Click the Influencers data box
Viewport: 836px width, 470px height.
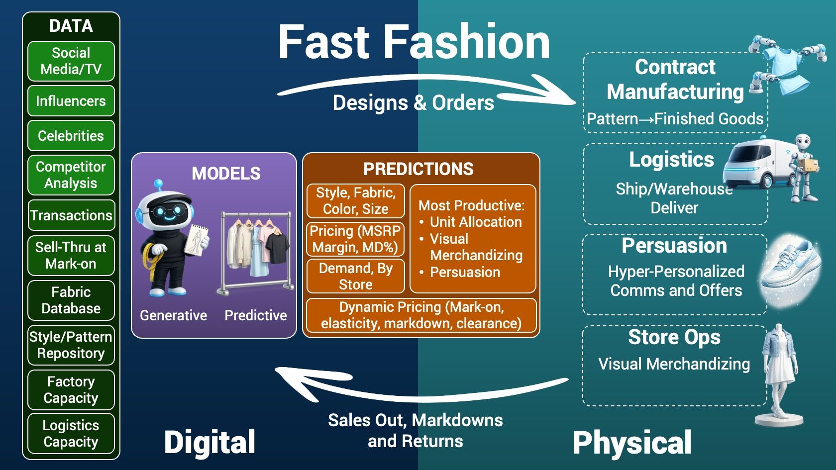coord(71,101)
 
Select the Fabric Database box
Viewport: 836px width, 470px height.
coord(71,300)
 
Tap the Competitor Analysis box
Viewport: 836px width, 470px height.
coord(71,175)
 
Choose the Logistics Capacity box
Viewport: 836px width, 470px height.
coord(71,433)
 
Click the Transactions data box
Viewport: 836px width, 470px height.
coord(71,215)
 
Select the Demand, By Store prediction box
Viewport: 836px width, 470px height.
coord(355,276)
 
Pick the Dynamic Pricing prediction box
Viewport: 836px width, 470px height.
coord(421,315)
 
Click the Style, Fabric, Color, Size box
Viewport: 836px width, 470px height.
coord(355,201)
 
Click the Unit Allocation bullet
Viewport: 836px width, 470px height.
coord(475,222)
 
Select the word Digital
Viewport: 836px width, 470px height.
coord(209,442)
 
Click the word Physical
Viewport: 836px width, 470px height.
coord(632,442)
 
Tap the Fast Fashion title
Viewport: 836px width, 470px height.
coord(414,42)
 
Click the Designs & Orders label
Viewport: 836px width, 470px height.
coord(413,103)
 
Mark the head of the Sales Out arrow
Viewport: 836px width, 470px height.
coord(289,376)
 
